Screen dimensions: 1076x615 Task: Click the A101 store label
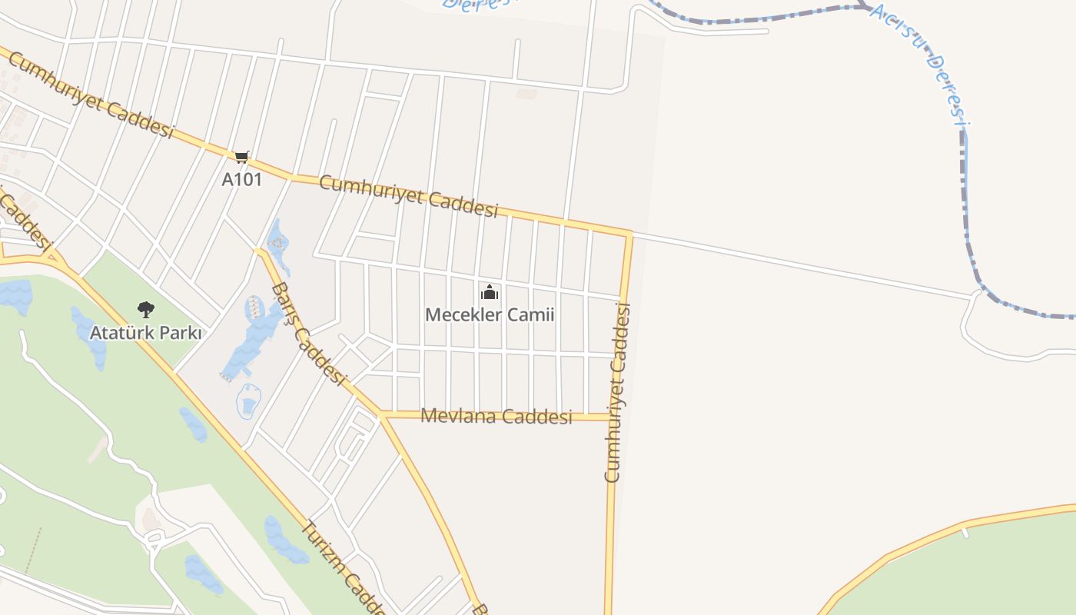241,180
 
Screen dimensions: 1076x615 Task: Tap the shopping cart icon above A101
241,157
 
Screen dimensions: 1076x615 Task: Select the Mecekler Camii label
490,314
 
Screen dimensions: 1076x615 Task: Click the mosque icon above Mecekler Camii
490,293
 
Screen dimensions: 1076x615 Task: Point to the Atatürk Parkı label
145,333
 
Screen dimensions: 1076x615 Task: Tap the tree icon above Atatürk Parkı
145,310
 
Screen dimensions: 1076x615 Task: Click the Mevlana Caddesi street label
496,417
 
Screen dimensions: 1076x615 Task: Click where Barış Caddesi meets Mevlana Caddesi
381,415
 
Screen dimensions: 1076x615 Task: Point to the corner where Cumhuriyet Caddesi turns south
630,233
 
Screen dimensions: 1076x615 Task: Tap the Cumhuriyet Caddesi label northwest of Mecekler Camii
408,195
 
